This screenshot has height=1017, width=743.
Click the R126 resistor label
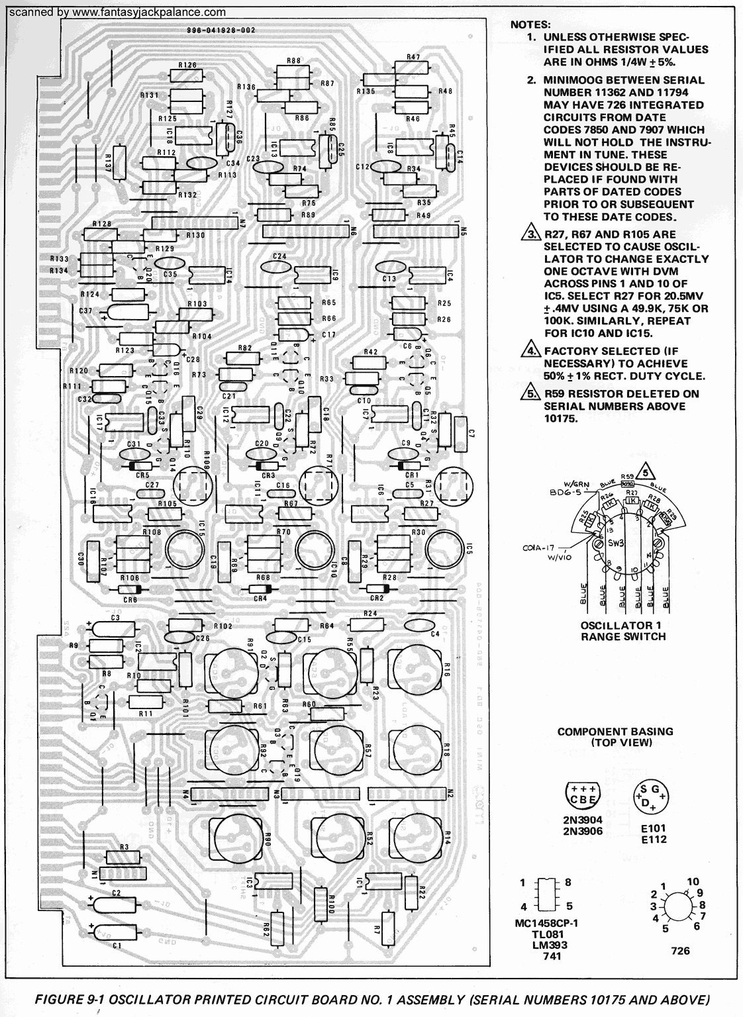[x=187, y=65]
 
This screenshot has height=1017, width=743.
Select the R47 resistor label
[x=413, y=58]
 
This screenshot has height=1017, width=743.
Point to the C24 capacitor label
[x=279, y=256]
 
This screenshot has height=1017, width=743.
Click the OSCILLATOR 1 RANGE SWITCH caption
[x=622, y=631]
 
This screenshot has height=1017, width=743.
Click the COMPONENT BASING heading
[x=615, y=736]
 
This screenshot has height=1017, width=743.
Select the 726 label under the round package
[x=680, y=950]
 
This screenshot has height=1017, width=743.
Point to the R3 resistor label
[x=124, y=847]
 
